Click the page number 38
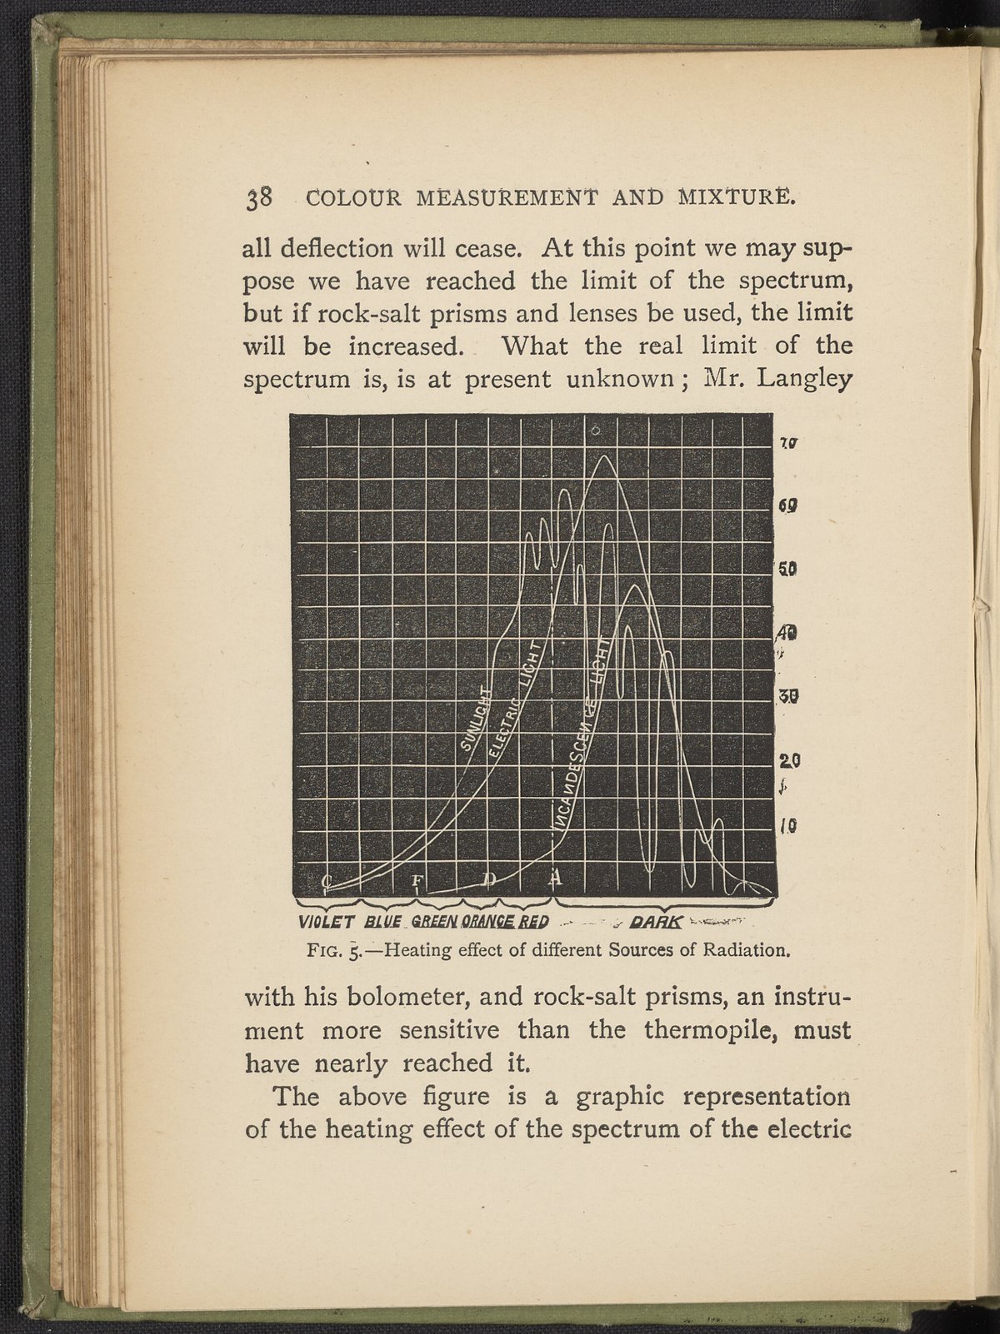[257, 198]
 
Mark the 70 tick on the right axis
[789, 444]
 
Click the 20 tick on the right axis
[789, 760]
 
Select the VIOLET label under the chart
[327, 922]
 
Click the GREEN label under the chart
[433, 922]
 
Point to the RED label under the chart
[533, 922]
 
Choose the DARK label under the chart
[657, 922]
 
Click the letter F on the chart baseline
[419, 882]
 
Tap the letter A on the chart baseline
[556, 877]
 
